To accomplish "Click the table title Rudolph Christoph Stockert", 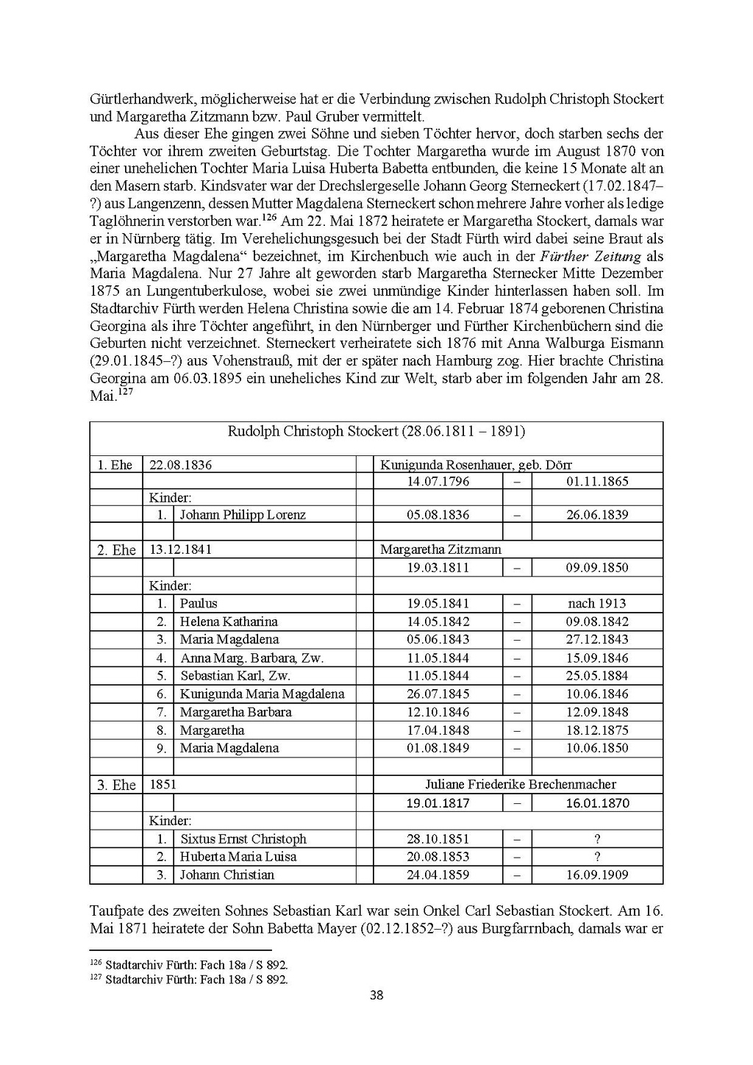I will (376, 432).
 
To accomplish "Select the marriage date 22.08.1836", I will (180, 465).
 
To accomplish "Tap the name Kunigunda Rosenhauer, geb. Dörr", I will (476, 465).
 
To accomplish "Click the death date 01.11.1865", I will (597, 482).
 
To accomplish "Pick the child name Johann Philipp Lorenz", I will (243, 515).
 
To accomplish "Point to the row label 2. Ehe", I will (116, 550).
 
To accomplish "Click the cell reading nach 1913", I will (597, 604).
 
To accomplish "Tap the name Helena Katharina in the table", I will (229, 621).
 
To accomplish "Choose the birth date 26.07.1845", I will (438, 694).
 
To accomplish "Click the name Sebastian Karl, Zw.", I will (235, 676).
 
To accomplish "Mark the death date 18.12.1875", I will (597, 730).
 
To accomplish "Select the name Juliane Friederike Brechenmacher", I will (521, 785).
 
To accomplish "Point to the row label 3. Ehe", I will (116, 786).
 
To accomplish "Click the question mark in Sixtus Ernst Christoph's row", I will (597, 839).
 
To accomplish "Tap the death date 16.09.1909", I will (597, 875).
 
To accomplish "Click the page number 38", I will (376, 996).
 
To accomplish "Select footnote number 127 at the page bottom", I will (96, 978).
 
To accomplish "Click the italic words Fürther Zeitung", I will (590, 257).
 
